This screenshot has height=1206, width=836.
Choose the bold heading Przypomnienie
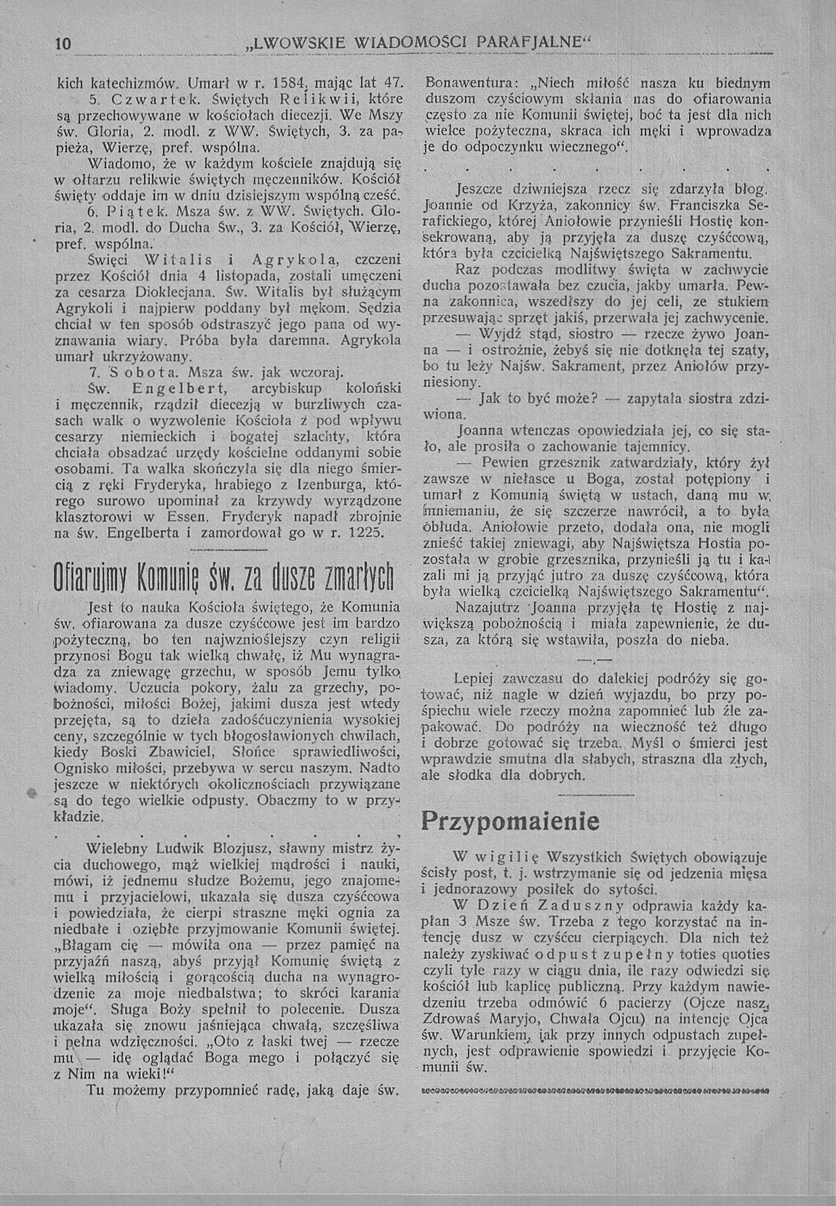(510, 821)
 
